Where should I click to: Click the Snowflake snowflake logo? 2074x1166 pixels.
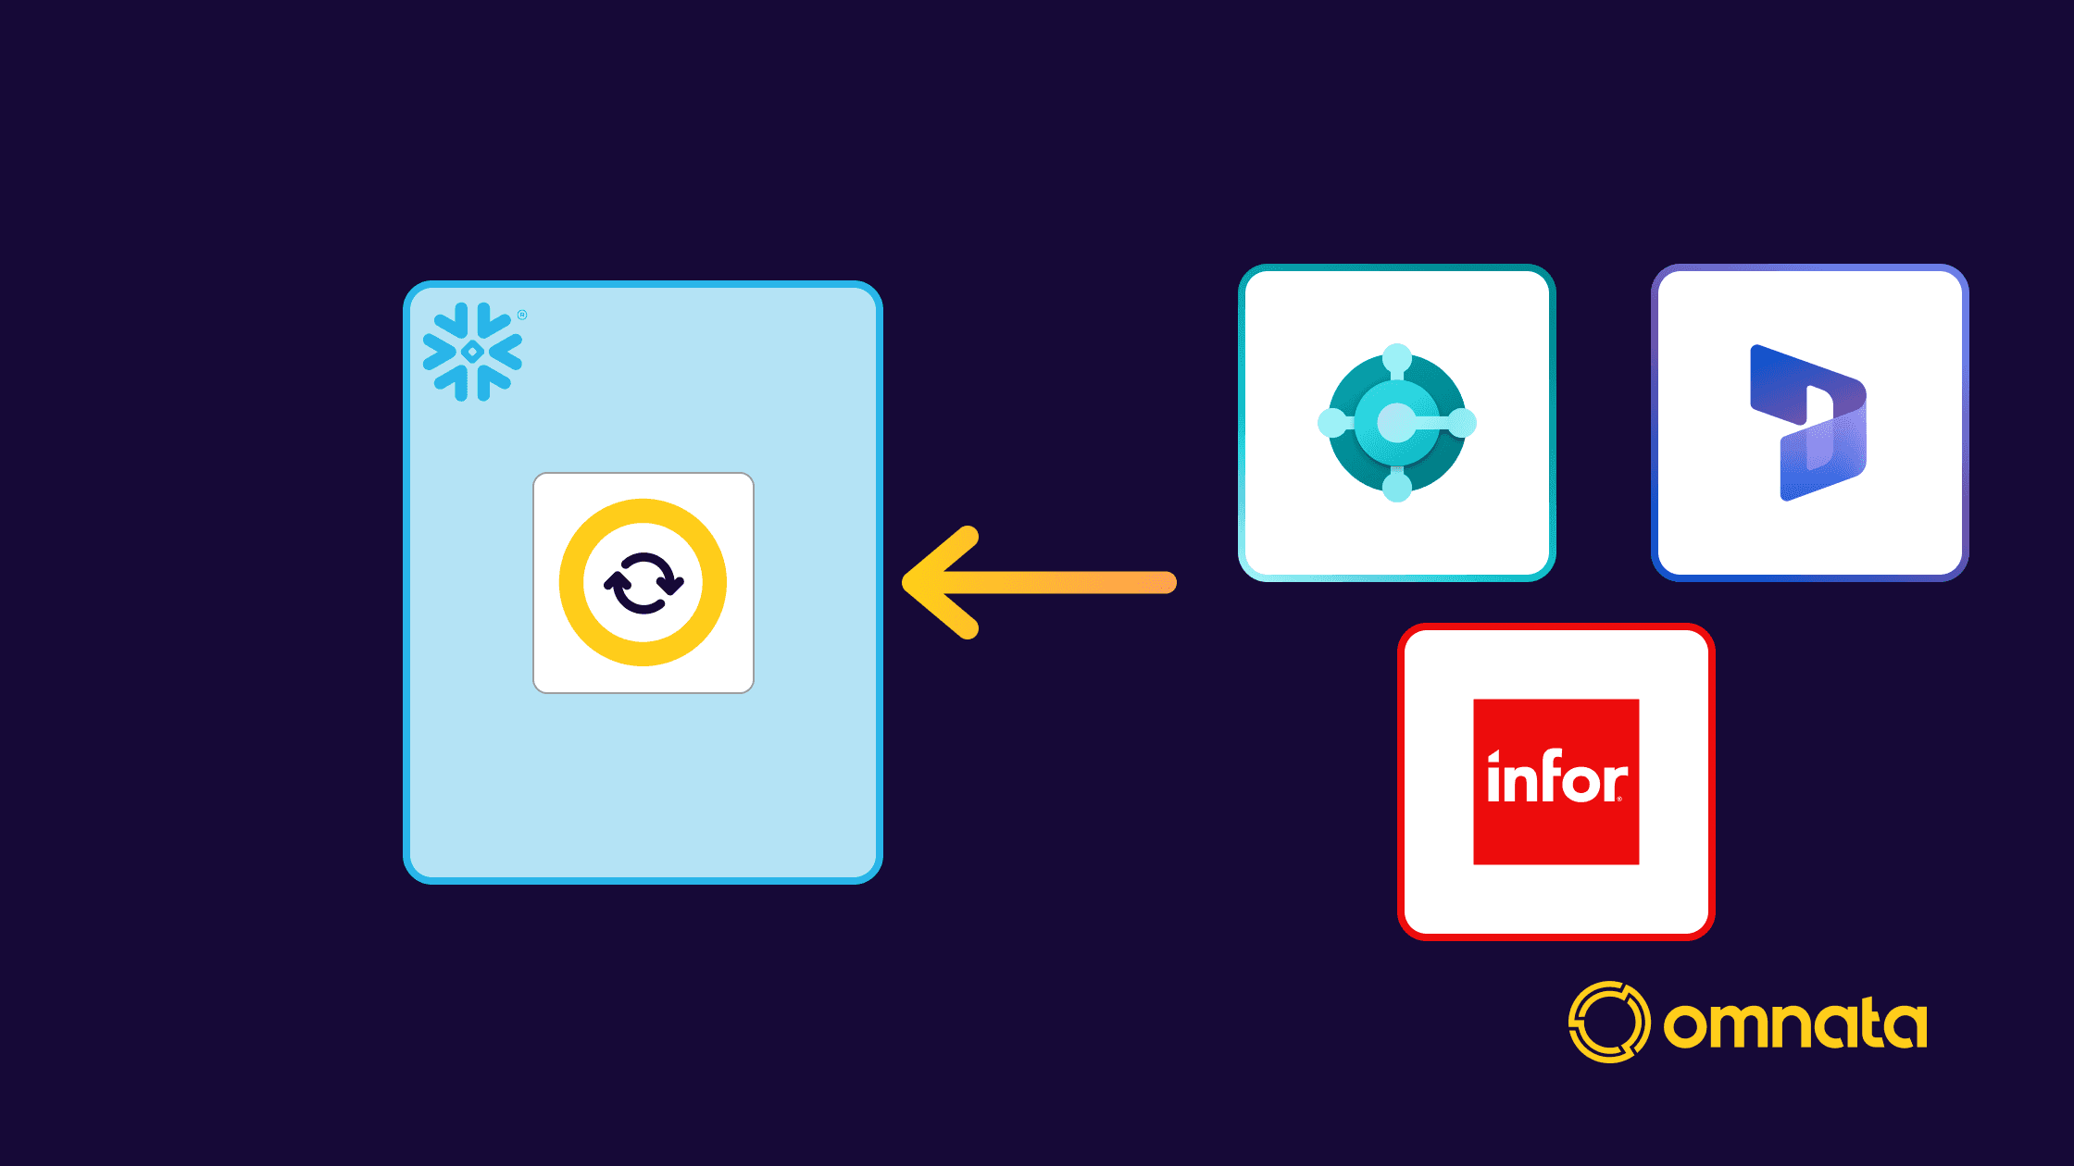click(x=472, y=352)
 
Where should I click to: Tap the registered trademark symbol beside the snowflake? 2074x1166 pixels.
click(x=522, y=315)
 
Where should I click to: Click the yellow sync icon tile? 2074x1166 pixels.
click(x=643, y=583)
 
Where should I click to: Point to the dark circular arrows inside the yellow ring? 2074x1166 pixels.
click(x=643, y=583)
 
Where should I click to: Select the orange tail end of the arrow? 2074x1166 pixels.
click(x=1162, y=582)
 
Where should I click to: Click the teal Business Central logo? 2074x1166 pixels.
click(x=1396, y=423)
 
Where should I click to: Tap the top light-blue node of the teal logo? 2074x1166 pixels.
click(x=1396, y=358)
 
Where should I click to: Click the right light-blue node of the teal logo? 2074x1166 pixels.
click(x=1461, y=423)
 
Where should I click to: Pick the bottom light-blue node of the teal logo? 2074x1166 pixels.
click(x=1396, y=487)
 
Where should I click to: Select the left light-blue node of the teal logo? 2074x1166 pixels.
click(x=1331, y=423)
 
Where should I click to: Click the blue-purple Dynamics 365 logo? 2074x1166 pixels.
click(x=1808, y=423)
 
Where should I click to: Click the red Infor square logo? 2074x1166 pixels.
click(x=1555, y=782)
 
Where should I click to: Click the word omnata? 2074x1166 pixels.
click(x=1794, y=1023)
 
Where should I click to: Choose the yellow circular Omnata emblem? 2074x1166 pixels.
click(x=1608, y=1022)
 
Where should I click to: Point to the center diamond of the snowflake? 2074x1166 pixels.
click(x=472, y=352)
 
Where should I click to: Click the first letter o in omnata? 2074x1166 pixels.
click(x=1686, y=1026)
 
